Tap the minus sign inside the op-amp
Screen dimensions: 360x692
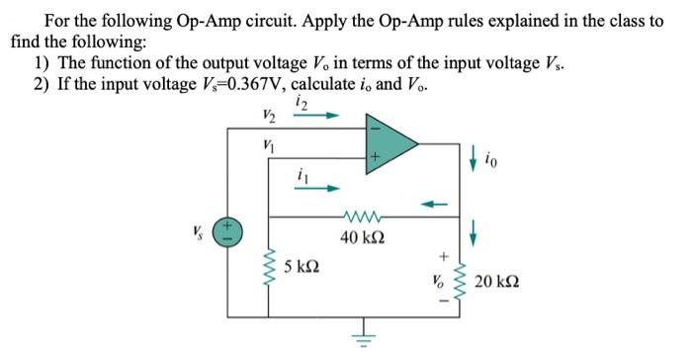click(x=375, y=127)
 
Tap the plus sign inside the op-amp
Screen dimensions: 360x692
click(x=375, y=157)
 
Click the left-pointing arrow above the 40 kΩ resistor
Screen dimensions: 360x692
click(x=432, y=206)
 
